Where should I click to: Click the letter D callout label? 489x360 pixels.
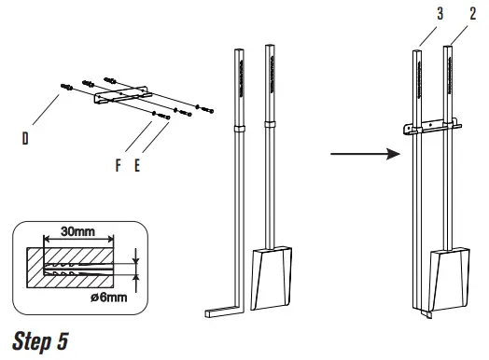coord(25,138)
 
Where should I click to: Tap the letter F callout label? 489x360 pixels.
coord(118,165)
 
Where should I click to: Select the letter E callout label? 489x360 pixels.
coord(137,165)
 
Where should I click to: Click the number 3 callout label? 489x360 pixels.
coord(440,14)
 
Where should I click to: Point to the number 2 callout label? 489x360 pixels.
coord(473,14)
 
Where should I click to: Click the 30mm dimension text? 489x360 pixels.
coord(78,231)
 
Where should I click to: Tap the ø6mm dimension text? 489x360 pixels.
coord(109,298)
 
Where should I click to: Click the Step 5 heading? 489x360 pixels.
coord(40,341)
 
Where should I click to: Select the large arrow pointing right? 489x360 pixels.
coord(365,154)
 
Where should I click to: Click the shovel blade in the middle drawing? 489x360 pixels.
coord(272,278)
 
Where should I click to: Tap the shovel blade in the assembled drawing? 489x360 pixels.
coord(450,280)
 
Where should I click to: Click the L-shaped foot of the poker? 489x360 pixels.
coord(224,312)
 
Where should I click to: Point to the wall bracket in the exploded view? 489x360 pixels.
coord(123,95)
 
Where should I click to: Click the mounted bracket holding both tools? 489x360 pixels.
coord(432,127)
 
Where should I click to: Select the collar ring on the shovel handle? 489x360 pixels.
coord(270,124)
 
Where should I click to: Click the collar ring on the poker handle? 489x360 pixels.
coord(239,129)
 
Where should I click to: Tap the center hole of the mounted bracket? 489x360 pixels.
coord(431,125)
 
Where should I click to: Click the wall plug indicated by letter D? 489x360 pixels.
coord(67,87)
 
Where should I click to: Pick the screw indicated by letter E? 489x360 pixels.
coord(164,117)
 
